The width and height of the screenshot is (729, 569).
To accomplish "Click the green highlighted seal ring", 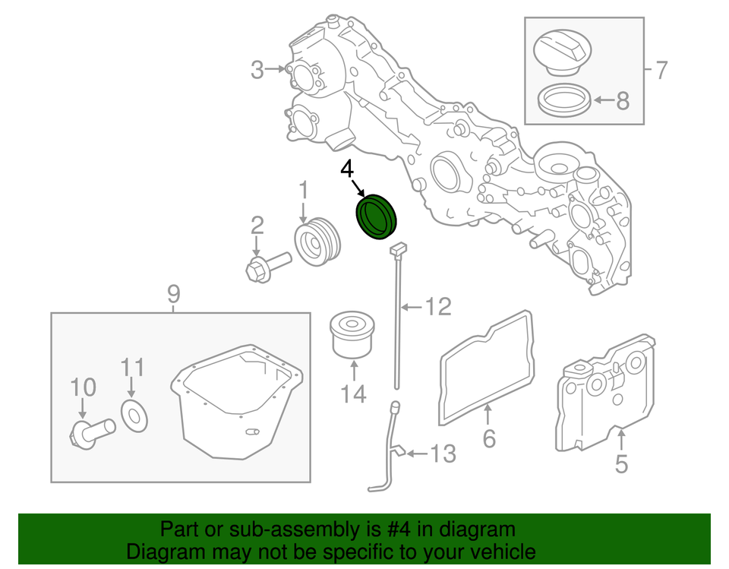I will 377,217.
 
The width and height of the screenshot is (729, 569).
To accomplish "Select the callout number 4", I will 347,169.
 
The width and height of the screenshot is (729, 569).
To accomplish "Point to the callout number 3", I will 258,71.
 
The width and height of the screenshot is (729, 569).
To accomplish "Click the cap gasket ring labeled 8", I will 563,100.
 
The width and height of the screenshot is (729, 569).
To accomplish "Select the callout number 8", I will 622,100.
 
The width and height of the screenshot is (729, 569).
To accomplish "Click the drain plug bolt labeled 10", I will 87,433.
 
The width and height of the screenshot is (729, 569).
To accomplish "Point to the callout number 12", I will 437,307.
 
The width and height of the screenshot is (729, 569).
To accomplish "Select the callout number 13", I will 443,454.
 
